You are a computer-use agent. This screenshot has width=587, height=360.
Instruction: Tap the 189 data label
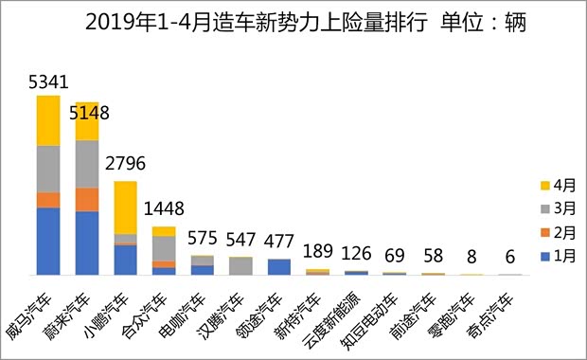(319, 251)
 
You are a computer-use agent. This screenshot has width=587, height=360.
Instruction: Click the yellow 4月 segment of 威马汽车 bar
(48, 121)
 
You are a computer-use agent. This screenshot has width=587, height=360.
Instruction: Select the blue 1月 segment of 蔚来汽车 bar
(87, 243)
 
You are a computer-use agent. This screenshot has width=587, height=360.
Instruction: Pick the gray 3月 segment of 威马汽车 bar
(48, 170)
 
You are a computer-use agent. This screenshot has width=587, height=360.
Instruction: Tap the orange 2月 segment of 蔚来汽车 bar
(87, 200)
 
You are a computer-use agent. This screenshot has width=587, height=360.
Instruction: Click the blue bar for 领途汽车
(279, 266)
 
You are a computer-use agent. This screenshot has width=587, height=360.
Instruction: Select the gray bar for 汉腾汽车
(241, 266)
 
